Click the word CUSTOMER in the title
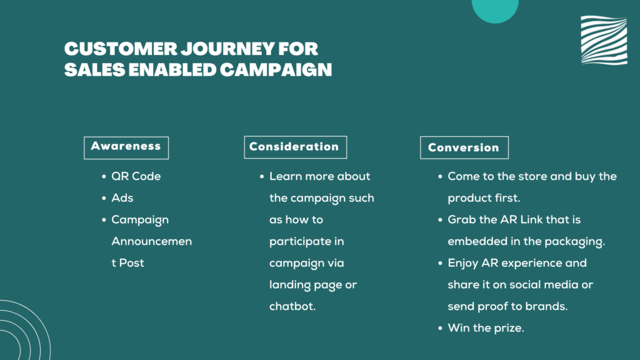121,49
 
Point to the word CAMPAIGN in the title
276,70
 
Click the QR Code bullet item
136,176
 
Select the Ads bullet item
122,198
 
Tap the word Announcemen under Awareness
152,241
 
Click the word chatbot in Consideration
292,306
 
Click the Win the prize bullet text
486,327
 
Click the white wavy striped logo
604,40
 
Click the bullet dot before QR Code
104,176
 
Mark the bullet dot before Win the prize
440,328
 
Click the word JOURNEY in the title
227,49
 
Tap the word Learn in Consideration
285,176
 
